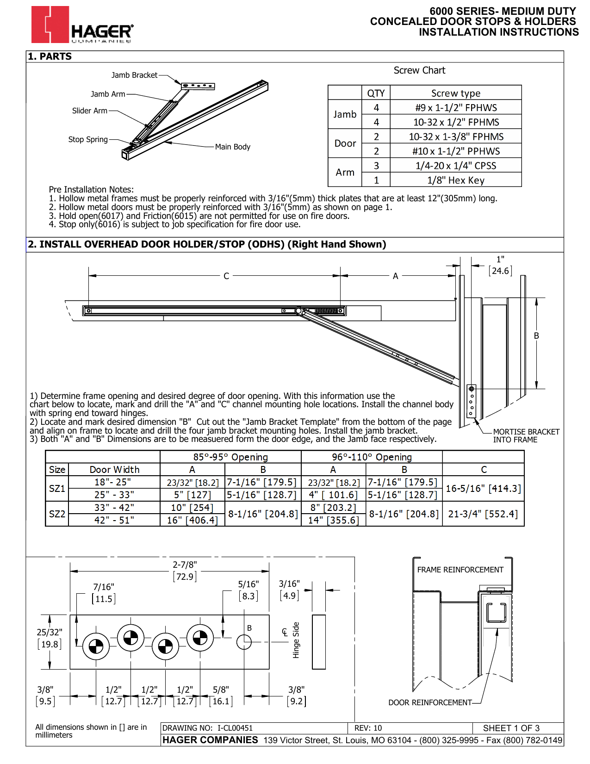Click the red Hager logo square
pyautogui.click(x=50, y=25)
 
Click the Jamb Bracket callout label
pyautogui.click(x=134, y=75)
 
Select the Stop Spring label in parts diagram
pyautogui.click(x=88, y=139)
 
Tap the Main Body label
pyautogui.click(x=232, y=147)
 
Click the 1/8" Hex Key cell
pyautogui.click(x=456, y=180)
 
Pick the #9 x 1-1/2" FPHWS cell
pyautogui.click(x=456, y=107)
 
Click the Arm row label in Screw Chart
pyautogui.click(x=345, y=172)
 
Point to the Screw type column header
pyautogui.click(x=456, y=93)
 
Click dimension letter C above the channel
pyautogui.click(x=226, y=276)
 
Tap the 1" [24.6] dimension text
pyautogui.click(x=500, y=266)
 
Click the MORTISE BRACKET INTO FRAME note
pyautogui.click(x=526, y=435)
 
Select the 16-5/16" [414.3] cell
pyautogui.click(x=483, y=489)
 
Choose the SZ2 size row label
pyautogui.click(x=57, y=514)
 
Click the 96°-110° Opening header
pyautogui.click(x=372, y=457)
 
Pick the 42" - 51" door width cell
pyautogui.click(x=114, y=520)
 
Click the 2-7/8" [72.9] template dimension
pyautogui.click(x=185, y=571)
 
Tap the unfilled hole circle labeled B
pyautogui.click(x=244, y=642)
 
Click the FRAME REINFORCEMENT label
pyautogui.click(x=460, y=570)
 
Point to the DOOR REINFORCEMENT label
pyautogui.click(x=430, y=702)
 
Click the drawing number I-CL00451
pyautogui.click(x=235, y=728)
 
